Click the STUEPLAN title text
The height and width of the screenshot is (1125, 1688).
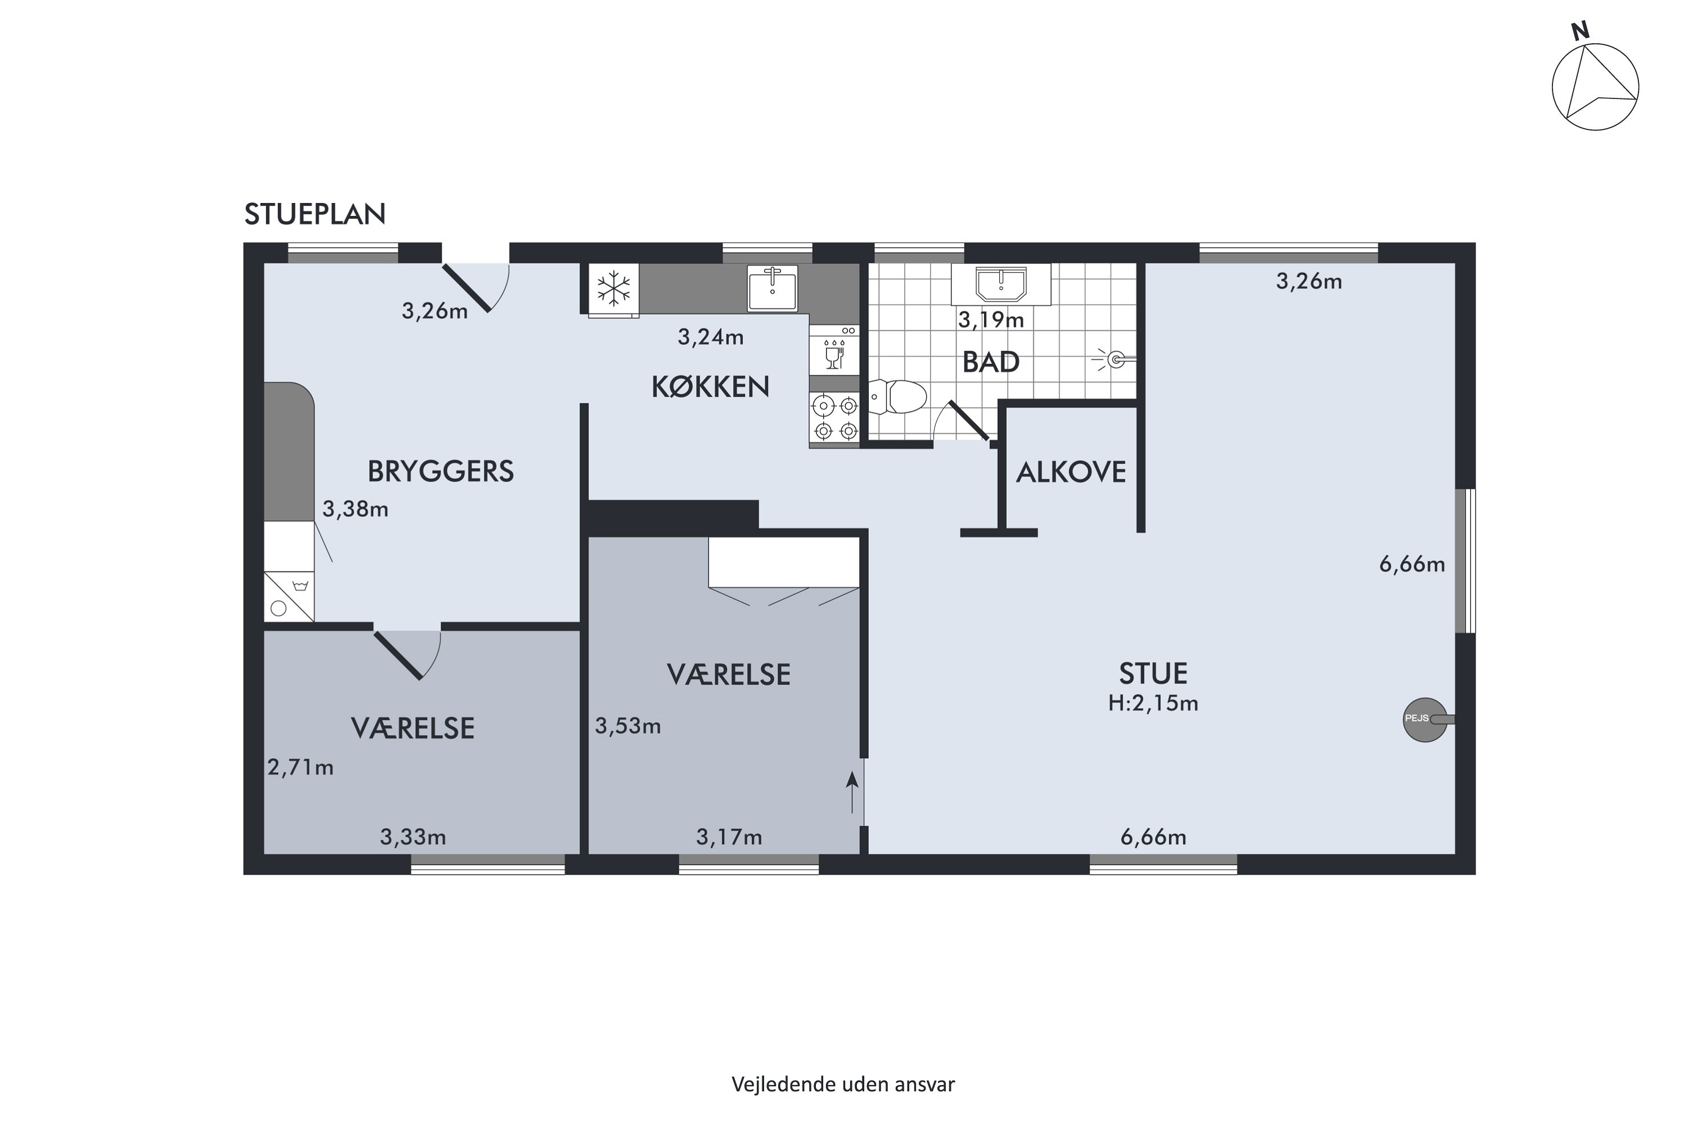(x=315, y=214)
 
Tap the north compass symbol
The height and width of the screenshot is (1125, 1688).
(x=1595, y=83)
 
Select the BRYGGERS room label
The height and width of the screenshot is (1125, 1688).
(x=441, y=471)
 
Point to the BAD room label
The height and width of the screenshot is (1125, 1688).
(x=990, y=362)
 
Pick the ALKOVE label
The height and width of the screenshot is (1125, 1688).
(x=1071, y=472)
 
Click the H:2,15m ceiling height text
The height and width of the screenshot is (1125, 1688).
(x=1152, y=703)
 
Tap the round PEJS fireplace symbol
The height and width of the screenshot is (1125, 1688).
(x=1425, y=719)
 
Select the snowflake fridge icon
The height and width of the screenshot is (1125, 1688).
(x=614, y=289)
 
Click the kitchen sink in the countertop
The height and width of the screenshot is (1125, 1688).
(x=772, y=287)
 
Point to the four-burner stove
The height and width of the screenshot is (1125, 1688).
(x=834, y=418)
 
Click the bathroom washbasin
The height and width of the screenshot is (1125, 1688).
(x=1000, y=284)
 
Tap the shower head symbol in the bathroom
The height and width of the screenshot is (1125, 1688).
(x=1114, y=359)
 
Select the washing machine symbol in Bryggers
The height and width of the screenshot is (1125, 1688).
(x=289, y=596)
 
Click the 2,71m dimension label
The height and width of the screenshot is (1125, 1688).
(x=300, y=768)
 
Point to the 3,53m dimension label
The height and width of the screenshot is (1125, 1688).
(x=628, y=726)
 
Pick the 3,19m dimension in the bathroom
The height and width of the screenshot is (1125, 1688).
(x=991, y=320)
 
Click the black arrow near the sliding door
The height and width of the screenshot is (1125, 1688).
(x=852, y=792)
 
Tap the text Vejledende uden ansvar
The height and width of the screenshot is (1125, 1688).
(x=843, y=1084)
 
